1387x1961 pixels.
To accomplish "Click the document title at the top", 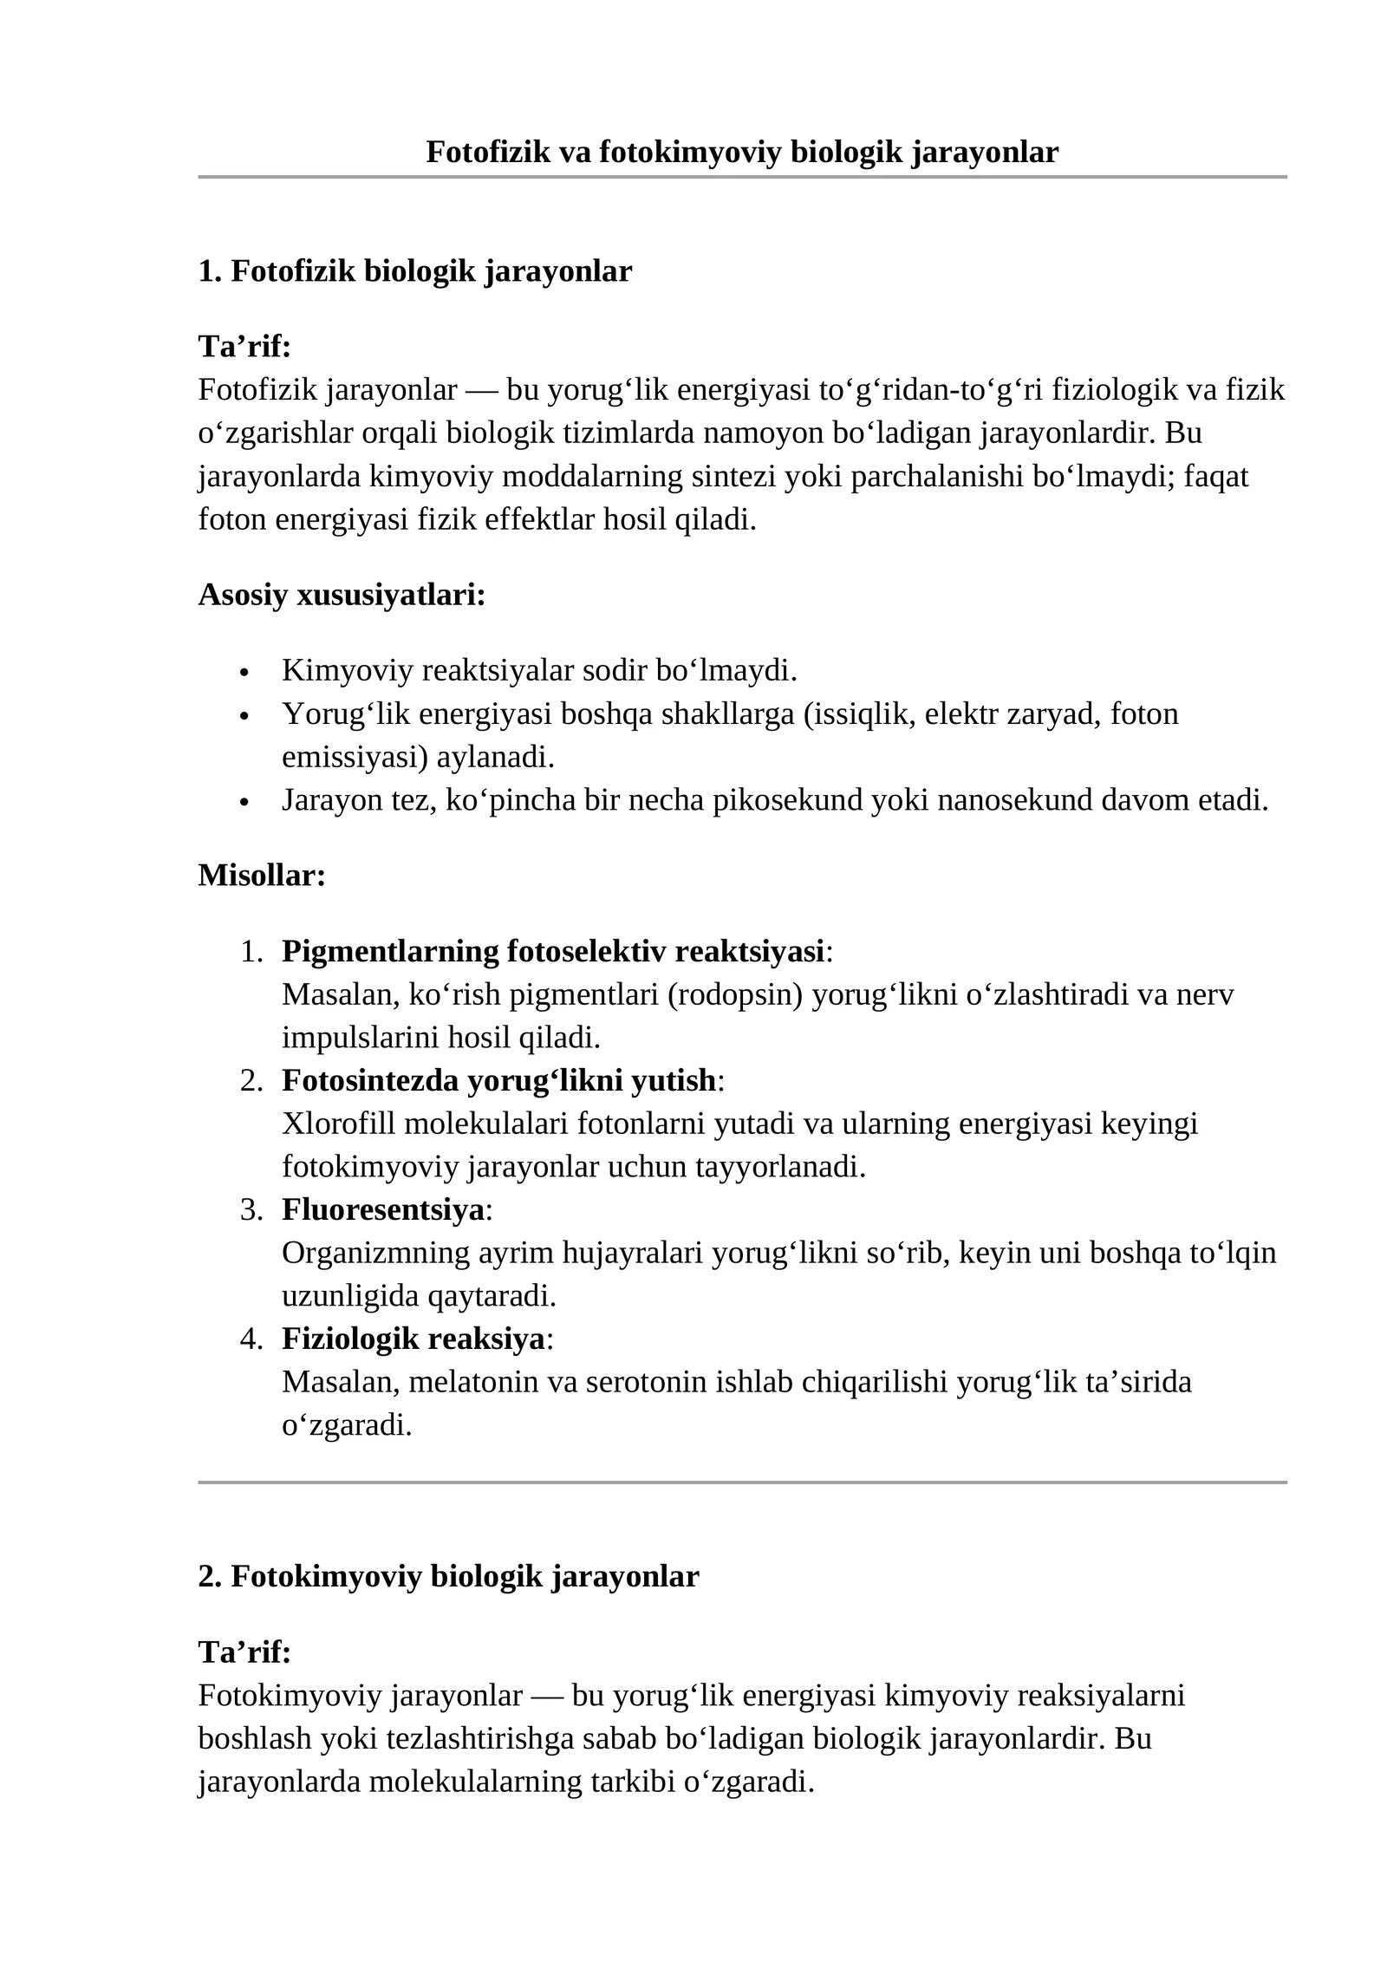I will [741, 153].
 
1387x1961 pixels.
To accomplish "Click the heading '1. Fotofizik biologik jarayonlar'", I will [414, 271].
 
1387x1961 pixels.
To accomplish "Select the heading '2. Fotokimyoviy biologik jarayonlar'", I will [448, 1576].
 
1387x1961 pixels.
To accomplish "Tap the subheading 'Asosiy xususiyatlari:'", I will [342, 595].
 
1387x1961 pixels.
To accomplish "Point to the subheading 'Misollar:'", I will [262, 876].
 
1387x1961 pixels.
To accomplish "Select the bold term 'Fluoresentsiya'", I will [382, 1209].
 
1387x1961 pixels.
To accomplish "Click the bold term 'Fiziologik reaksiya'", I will [413, 1339].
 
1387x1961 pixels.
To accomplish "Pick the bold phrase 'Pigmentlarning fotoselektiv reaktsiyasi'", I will [552, 951].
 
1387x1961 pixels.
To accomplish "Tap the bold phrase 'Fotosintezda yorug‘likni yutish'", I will [498, 1080].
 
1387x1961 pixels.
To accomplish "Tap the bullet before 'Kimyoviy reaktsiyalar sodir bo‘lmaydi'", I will [244, 673].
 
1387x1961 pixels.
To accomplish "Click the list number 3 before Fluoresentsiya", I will [251, 1209].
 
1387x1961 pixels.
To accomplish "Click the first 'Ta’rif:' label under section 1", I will [244, 347].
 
